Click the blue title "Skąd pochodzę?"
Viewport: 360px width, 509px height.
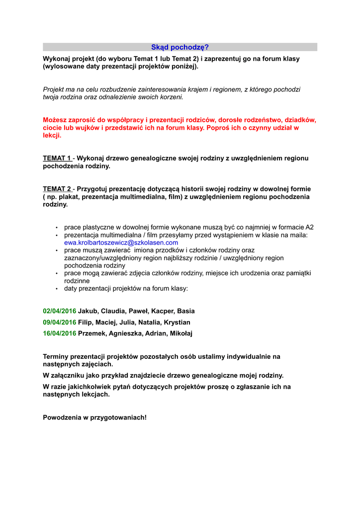tap(180, 47)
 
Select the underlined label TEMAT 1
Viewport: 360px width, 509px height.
tap(57, 159)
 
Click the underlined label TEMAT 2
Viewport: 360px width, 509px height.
tap(57, 189)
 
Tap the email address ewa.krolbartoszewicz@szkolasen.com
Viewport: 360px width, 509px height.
tap(121, 243)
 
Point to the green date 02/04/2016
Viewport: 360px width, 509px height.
tap(60, 311)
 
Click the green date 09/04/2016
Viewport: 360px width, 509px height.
tap(60, 322)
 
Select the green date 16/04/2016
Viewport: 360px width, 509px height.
tap(60, 334)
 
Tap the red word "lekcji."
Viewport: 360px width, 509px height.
tap(52, 135)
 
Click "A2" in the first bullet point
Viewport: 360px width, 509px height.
tap(309, 227)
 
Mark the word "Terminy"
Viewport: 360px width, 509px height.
tap(56, 356)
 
